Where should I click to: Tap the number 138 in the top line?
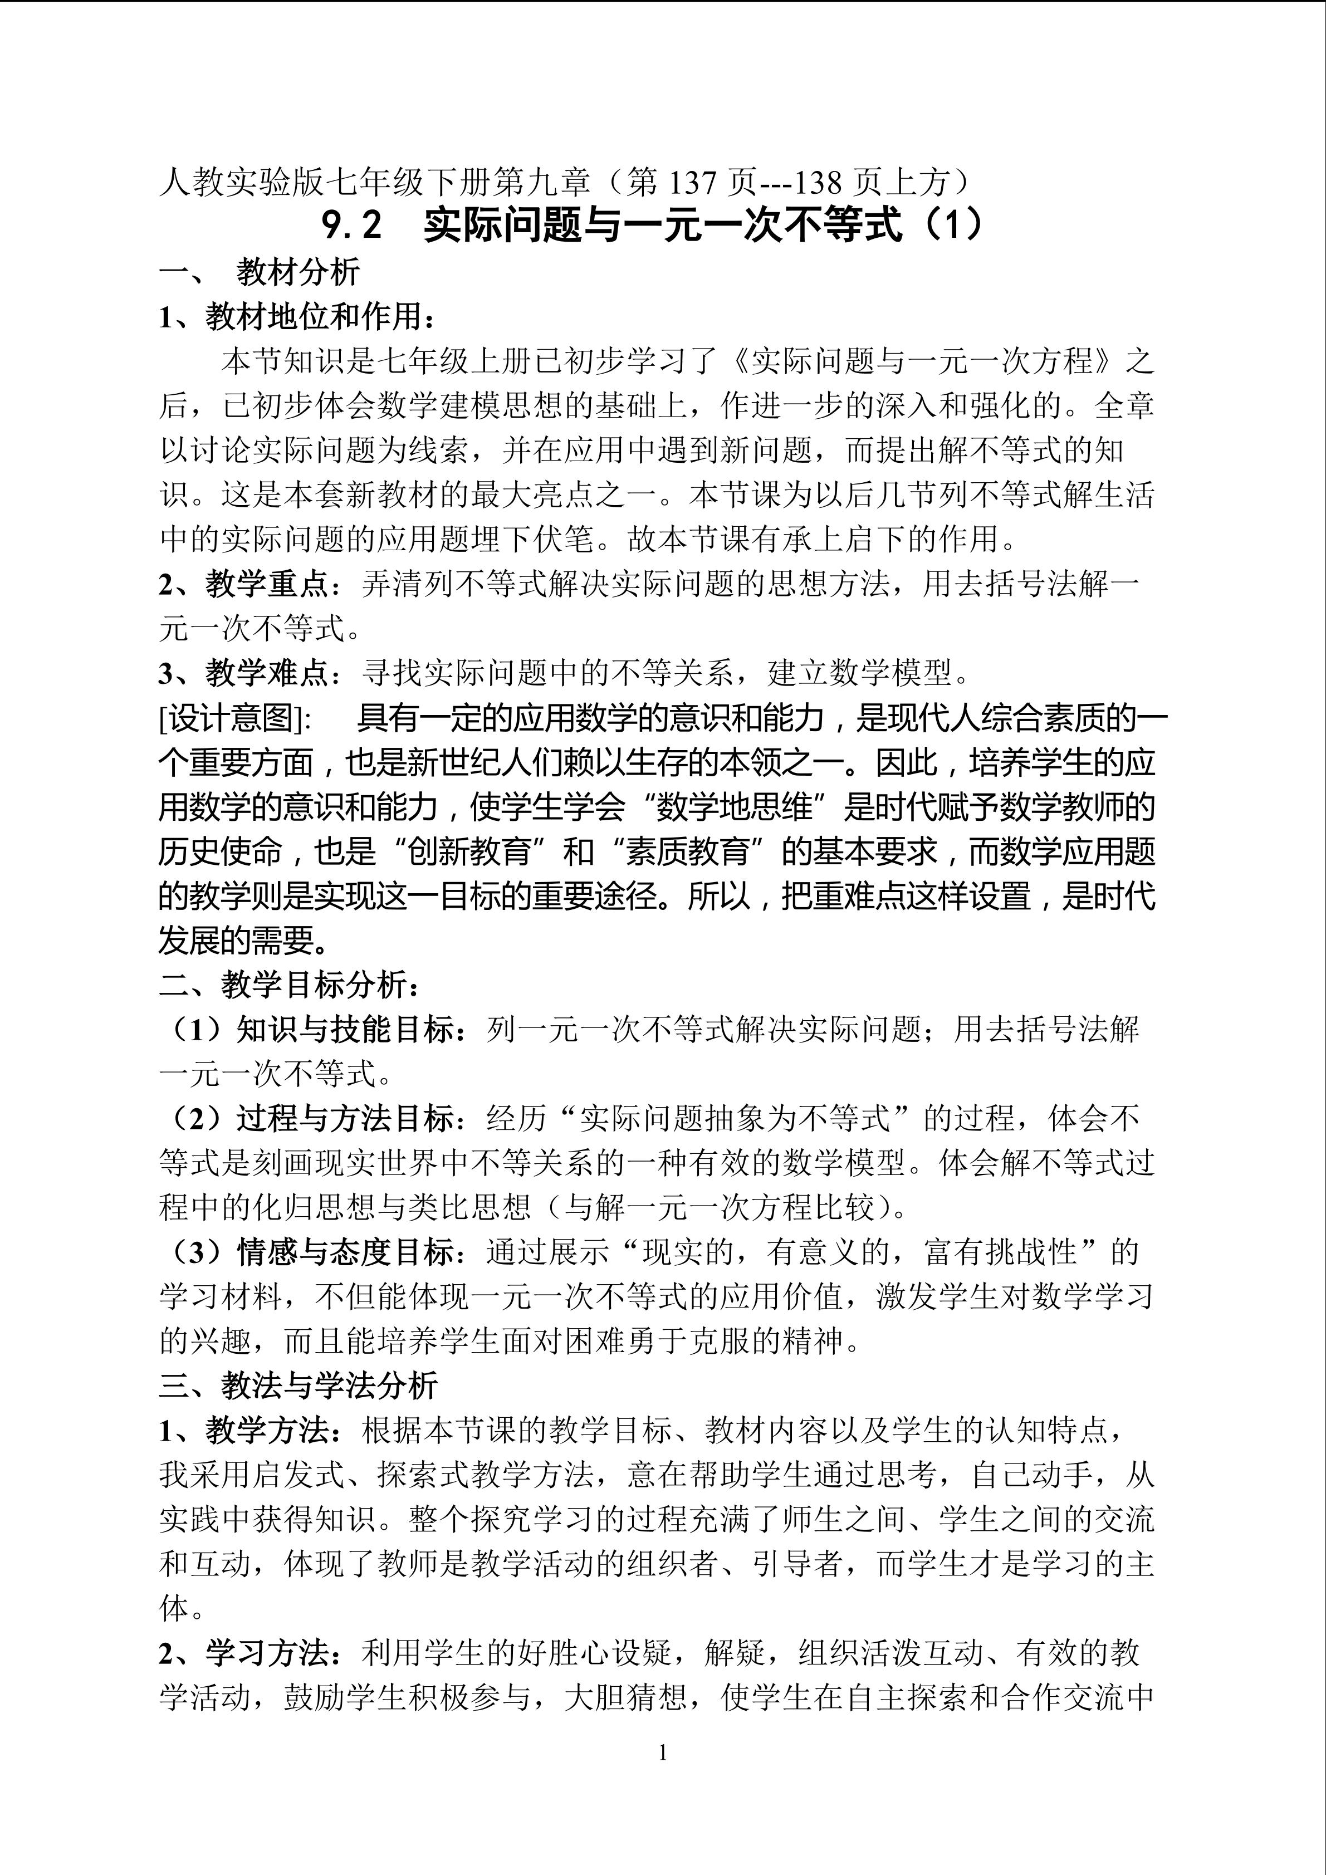tap(819, 182)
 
